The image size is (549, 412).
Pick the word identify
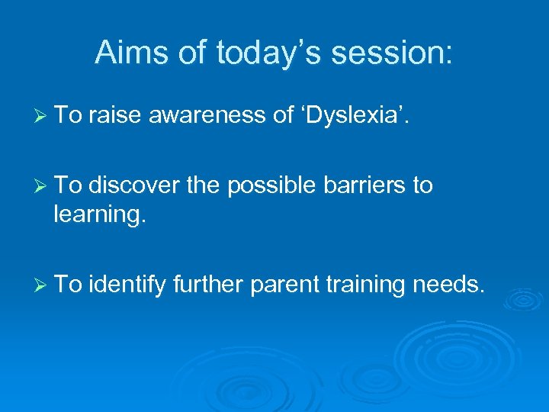(x=127, y=285)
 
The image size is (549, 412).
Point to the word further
(x=208, y=285)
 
